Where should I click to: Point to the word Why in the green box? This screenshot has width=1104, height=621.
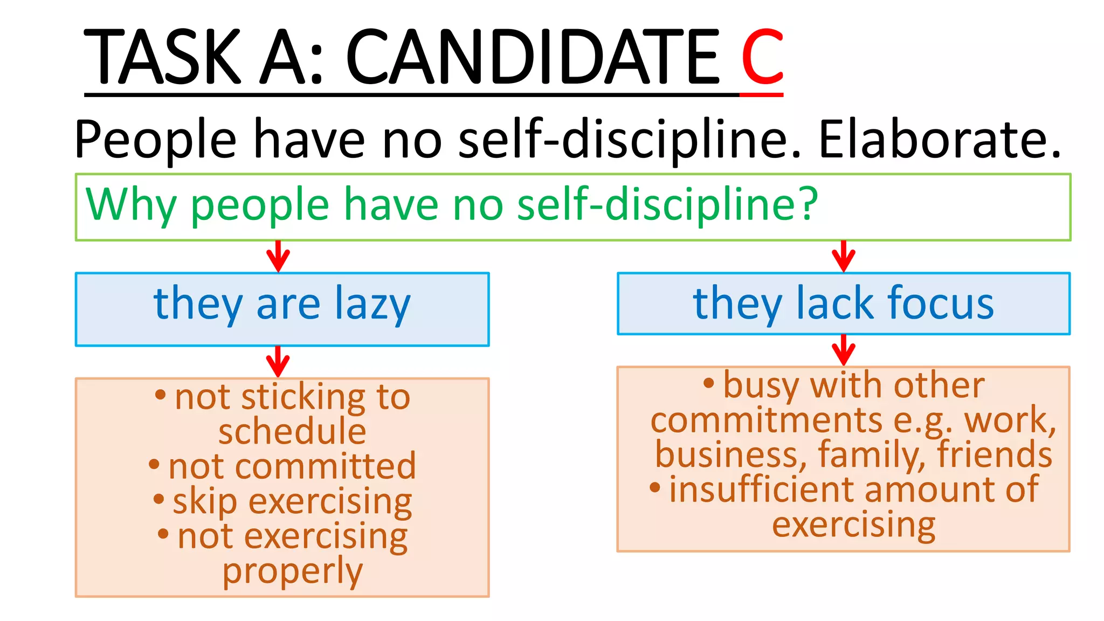click(131, 205)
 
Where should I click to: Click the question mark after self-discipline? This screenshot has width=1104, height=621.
click(808, 204)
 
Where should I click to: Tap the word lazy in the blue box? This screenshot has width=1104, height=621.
click(372, 305)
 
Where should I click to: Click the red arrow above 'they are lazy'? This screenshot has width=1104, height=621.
click(278, 256)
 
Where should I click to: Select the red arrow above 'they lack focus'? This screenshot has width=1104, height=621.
click(844, 256)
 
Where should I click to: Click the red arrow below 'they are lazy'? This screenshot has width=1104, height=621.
click(278, 361)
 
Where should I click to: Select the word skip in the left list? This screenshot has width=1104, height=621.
click(205, 502)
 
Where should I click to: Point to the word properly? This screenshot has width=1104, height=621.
click(293, 572)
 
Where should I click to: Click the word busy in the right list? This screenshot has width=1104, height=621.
click(761, 386)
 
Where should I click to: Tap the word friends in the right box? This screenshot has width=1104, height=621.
click(994, 454)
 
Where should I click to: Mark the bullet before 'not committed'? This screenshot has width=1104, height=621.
click(155, 464)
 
